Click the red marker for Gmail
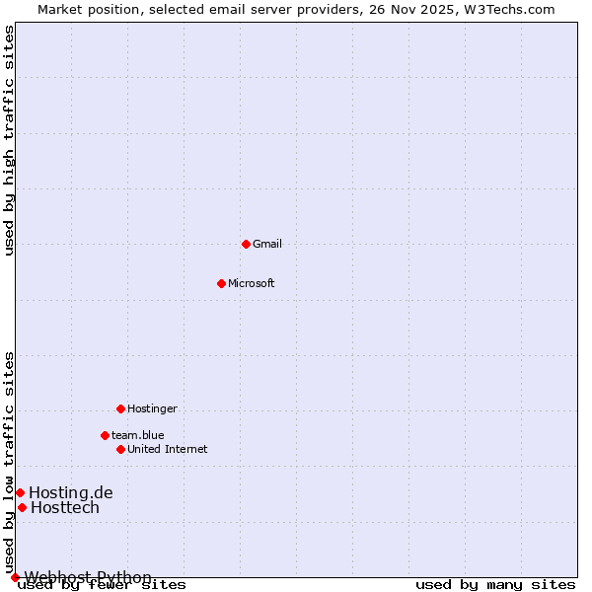coord(246,244)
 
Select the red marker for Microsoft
coord(221,283)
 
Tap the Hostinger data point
coord(120,408)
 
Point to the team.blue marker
coord(105,435)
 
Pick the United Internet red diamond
coord(120,449)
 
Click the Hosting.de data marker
coord(20,492)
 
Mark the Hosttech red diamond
coord(22,507)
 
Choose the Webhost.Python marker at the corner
coord(15,577)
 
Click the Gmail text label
coord(267,244)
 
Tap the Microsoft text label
coord(252,283)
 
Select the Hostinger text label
coord(152,408)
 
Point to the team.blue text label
coord(138,435)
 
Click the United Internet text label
coord(168,449)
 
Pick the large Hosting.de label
coord(71,492)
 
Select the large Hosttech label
coord(65,507)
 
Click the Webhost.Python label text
coord(88,577)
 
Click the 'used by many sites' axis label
coord(495,585)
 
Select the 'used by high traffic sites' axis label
coord(9,140)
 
